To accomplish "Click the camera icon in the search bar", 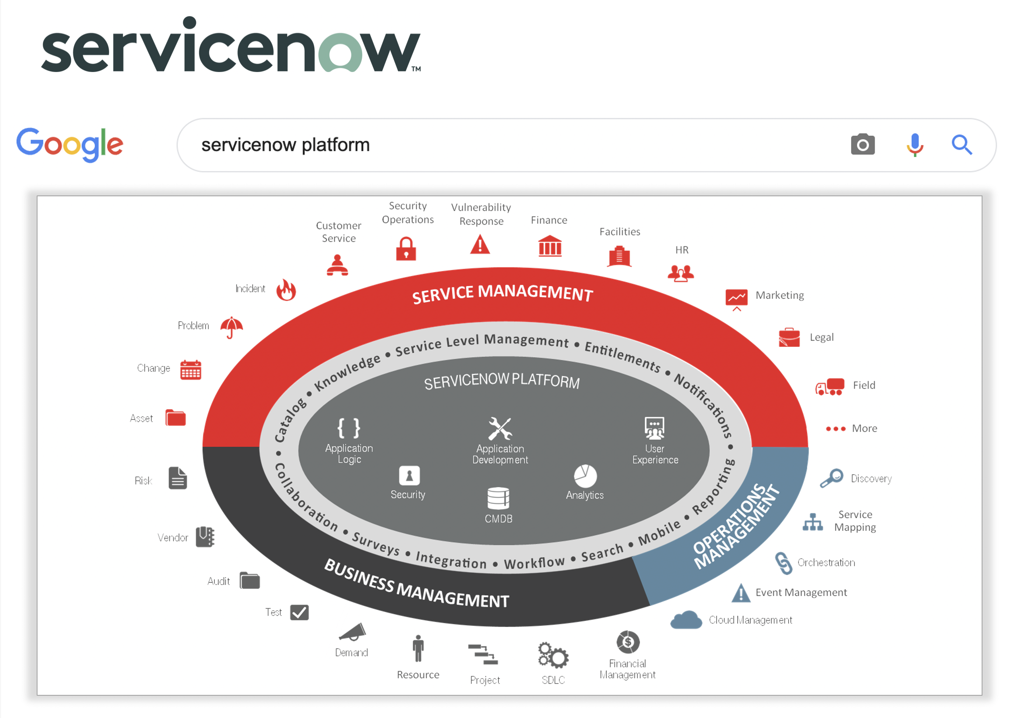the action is click(x=862, y=144).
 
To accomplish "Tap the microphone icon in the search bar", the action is click(x=914, y=144).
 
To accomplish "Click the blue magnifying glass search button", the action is click(x=962, y=144).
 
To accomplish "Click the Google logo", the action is click(x=70, y=144).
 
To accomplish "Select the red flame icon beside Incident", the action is click(x=286, y=290).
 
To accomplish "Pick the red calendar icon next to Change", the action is click(x=191, y=369).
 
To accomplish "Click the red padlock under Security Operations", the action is click(x=405, y=249).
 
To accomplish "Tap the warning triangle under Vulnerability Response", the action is click(x=480, y=244).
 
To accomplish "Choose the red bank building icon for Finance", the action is click(x=550, y=246).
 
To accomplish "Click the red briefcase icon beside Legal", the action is click(x=789, y=337).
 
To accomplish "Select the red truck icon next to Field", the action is click(x=829, y=386).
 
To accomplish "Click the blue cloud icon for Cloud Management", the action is click(x=686, y=620).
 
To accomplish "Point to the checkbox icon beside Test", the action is click(x=299, y=612).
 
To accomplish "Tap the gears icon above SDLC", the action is click(x=553, y=655).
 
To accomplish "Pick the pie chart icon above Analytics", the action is click(x=585, y=476).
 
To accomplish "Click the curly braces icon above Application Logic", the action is click(x=349, y=428).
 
